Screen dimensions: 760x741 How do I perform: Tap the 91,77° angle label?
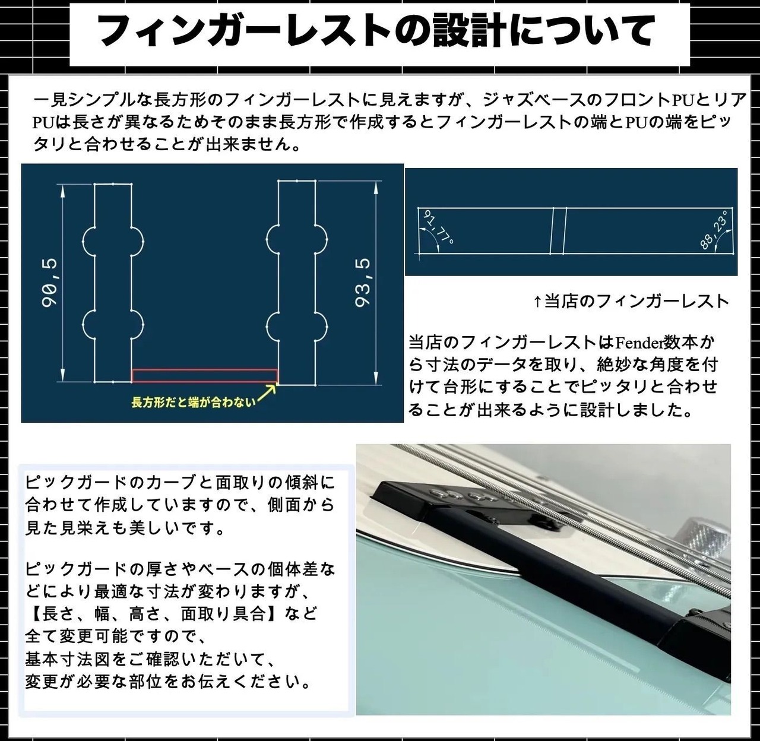pos(438,228)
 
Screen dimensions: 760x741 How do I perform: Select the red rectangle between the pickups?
pos(204,375)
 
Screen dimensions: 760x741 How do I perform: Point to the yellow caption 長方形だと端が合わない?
pos(193,402)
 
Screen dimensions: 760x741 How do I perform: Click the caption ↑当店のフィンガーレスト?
pos(631,301)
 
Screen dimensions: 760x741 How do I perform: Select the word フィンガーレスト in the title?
pos(249,31)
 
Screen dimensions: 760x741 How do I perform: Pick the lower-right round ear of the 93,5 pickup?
pos(322,325)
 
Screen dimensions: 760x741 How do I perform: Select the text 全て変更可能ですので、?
pos(115,636)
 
